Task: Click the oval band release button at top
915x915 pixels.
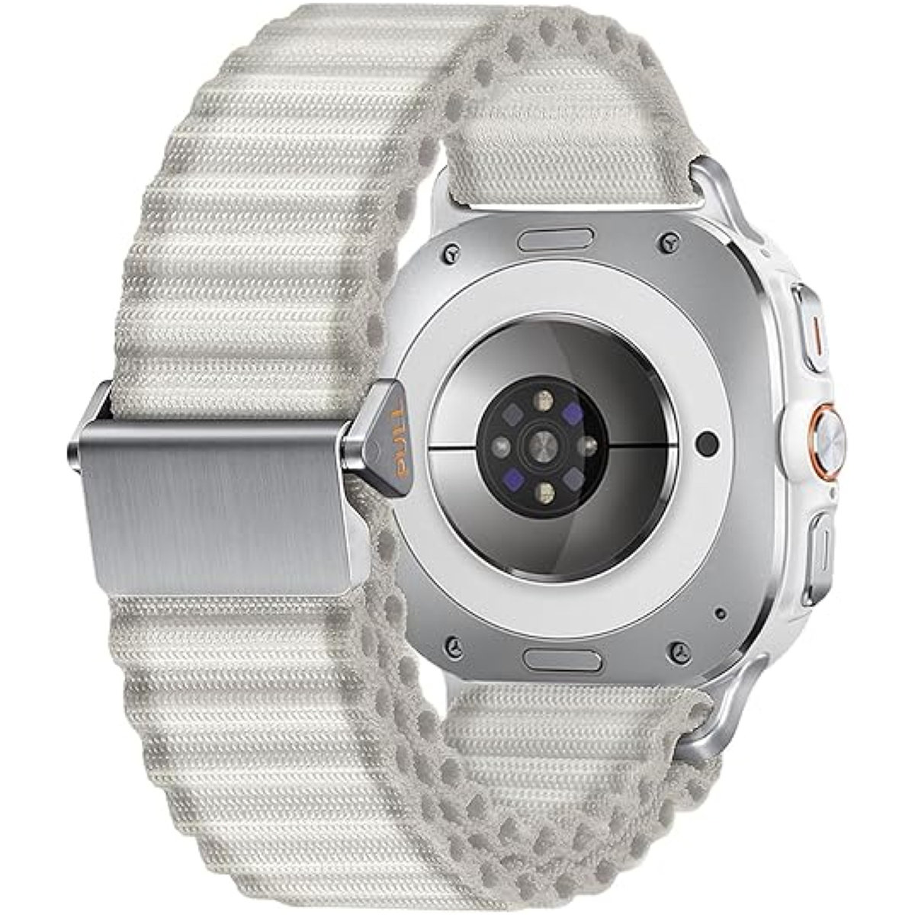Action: [x=555, y=241]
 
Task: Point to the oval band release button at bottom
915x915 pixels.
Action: [x=562, y=660]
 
